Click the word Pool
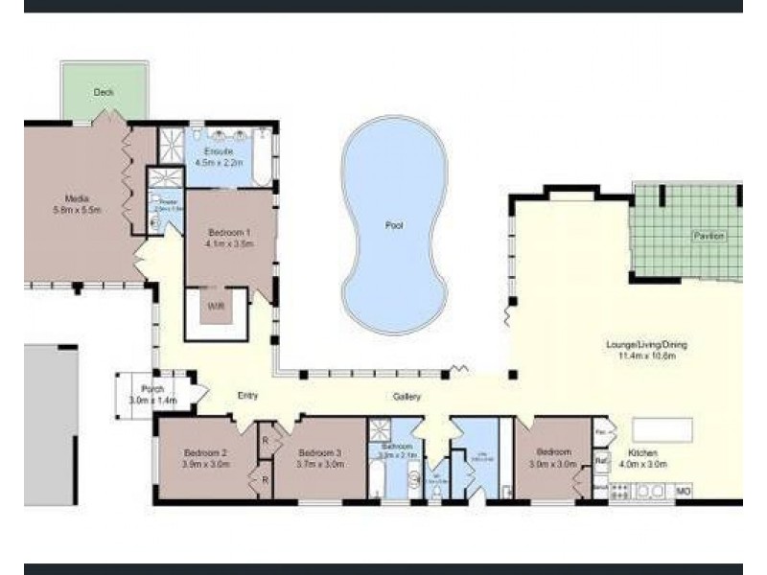(x=394, y=227)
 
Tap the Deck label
(x=104, y=93)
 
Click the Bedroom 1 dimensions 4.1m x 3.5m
(x=230, y=243)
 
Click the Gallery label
(x=407, y=397)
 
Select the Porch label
(x=151, y=389)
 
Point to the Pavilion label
(x=710, y=236)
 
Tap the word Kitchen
(x=642, y=452)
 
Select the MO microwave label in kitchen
(x=684, y=491)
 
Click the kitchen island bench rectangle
(x=662, y=429)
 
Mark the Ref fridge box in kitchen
(x=601, y=461)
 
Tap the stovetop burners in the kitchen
(x=620, y=491)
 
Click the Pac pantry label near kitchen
(x=600, y=432)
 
